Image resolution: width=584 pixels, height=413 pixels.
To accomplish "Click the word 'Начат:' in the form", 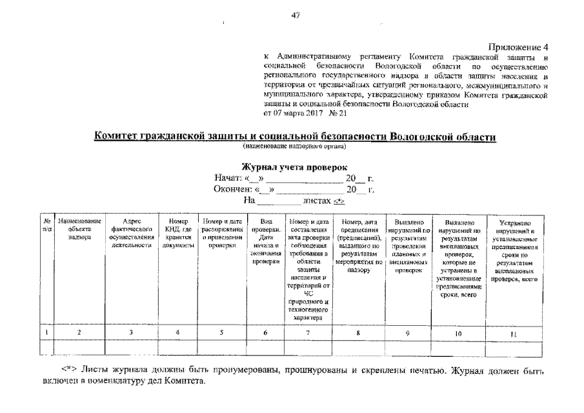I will pyautogui.click(x=228, y=178).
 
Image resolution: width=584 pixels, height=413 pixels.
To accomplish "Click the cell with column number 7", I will pyautogui.click(x=308, y=332).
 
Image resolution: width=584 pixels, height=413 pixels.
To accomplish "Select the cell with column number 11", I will pyautogui.click(x=514, y=333).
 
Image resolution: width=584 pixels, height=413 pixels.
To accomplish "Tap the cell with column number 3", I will pyautogui.click(x=131, y=332).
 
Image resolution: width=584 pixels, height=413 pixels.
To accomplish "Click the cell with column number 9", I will pyautogui.click(x=408, y=332).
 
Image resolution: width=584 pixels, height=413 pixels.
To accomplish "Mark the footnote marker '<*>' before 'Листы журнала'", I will pyautogui.click(x=69, y=370).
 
